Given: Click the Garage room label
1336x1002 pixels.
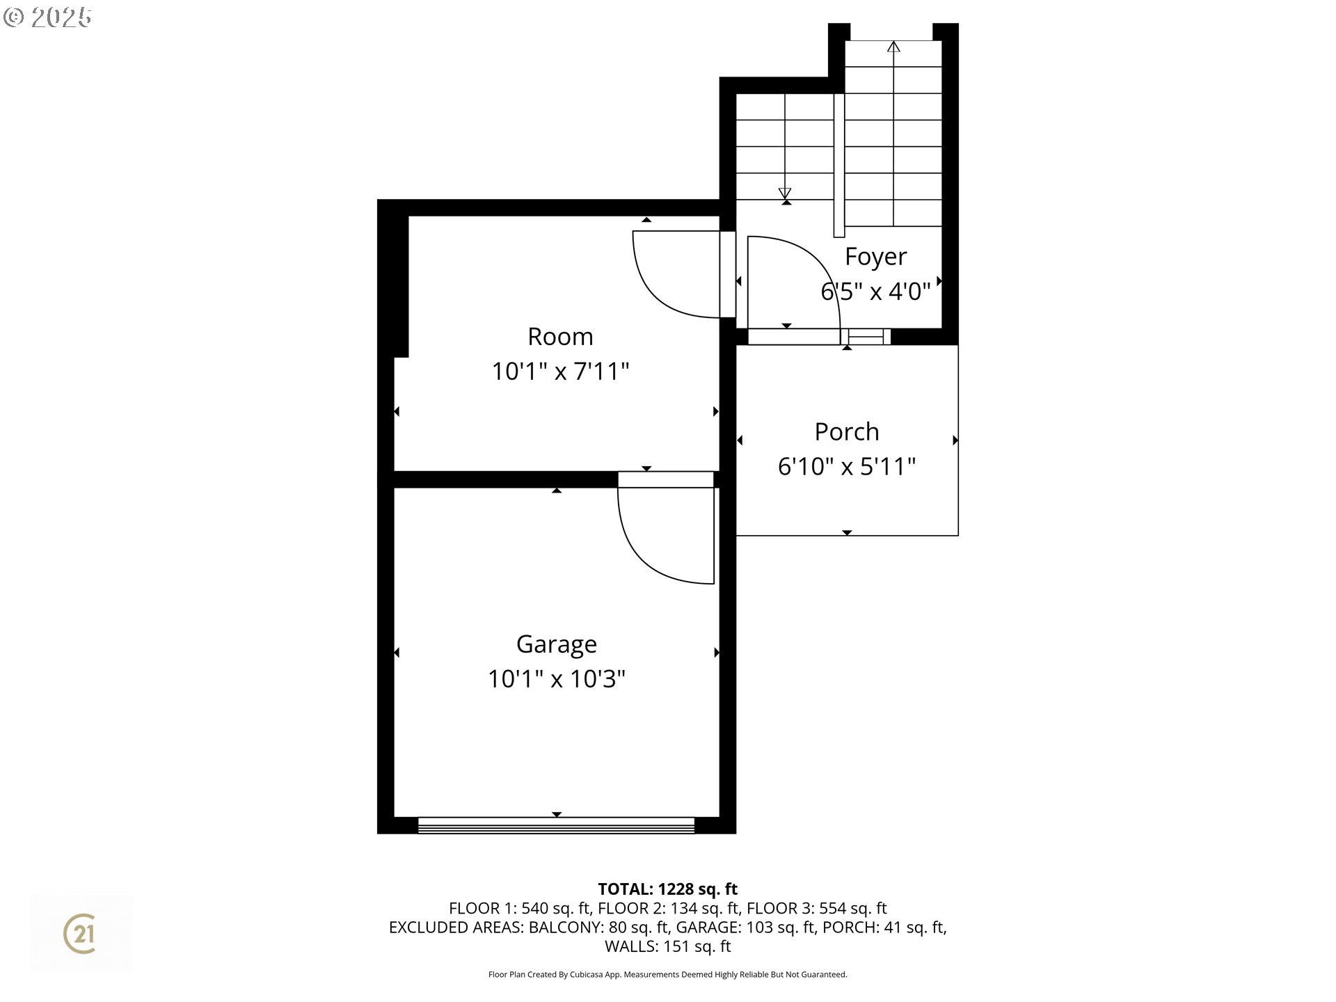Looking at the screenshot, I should pyautogui.click(x=556, y=644).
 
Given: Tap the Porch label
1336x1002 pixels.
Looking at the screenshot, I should pyautogui.click(x=846, y=432).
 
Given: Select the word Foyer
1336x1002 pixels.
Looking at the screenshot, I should pyautogui.click(x=875, y=257).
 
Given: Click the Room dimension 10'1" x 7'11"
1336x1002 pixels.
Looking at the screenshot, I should pyautogui.click(x=560, y=372).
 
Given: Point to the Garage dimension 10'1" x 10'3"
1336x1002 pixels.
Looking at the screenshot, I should pyautogui.click(x=556, y=679).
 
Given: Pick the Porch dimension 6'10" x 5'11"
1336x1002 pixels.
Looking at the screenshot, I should pyautogui.click(x=846, y=466).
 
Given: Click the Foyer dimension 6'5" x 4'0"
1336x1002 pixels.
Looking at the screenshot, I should pyautogui.click(x=875, y=292).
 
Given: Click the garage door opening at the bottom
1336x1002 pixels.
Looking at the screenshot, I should pyautogui.click(x=556, y=826).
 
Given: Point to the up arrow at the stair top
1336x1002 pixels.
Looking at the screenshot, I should pyautogui.click(x=893, y=47).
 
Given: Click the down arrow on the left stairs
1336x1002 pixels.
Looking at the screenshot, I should pyautogui.click(x=785, y=193).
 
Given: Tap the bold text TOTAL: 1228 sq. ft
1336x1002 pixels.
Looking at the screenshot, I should pyautogui.click(x=667, y=889).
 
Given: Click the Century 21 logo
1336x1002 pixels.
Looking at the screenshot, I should pyautogui.click(x=80, y=933).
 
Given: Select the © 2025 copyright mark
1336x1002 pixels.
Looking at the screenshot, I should pyautogui.click(x=47, y=17).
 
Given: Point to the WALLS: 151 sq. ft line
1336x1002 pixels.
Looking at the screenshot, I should pyautogui.click(x=667, y=946).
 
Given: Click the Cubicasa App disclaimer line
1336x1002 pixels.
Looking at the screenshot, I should pyautogui.click(x=667, y=975).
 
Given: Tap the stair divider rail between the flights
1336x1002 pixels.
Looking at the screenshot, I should pyautogui.click(x=839, y=165).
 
